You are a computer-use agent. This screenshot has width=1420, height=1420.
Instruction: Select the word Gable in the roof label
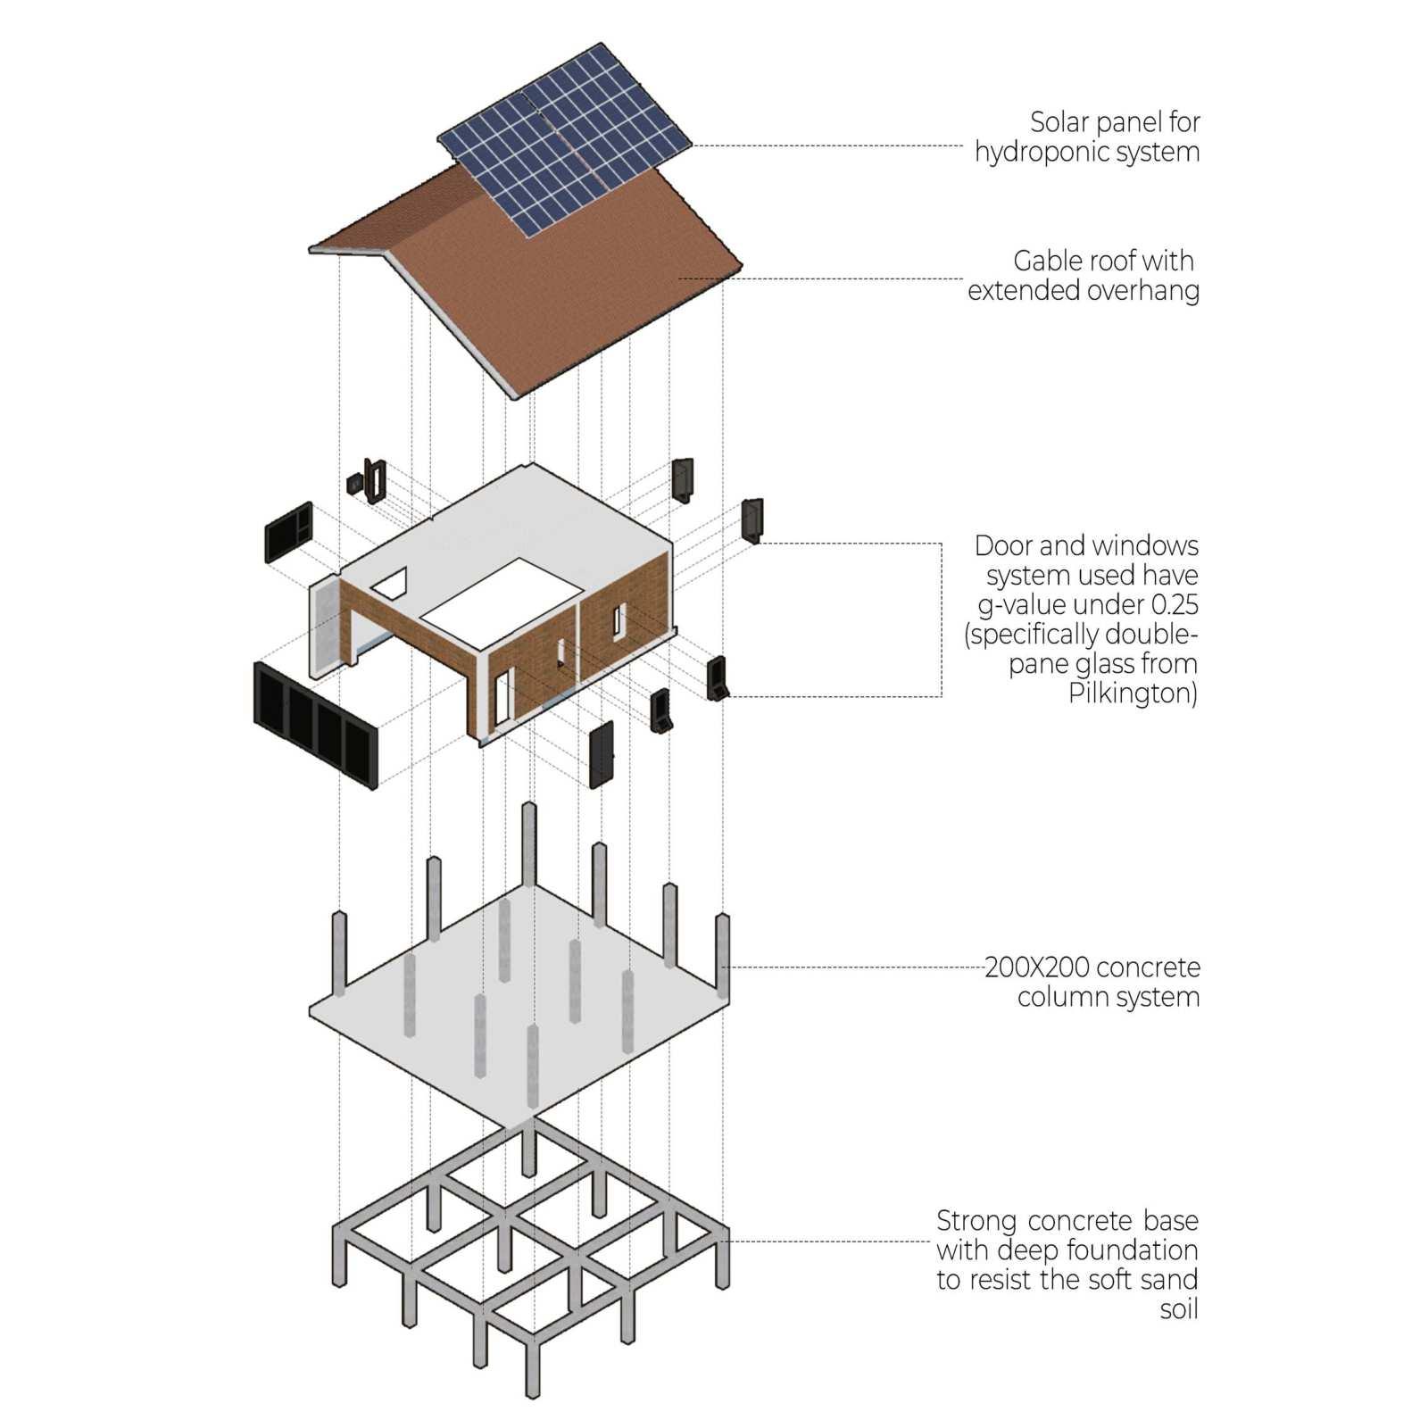1044,261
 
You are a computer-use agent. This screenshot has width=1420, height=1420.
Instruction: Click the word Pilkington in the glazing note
1132,693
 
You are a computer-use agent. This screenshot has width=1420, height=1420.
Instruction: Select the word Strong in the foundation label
976,1221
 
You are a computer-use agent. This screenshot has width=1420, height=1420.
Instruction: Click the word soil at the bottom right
1178,1309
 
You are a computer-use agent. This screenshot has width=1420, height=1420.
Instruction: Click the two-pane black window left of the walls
289,532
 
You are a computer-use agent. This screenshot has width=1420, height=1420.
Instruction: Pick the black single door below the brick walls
602,755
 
